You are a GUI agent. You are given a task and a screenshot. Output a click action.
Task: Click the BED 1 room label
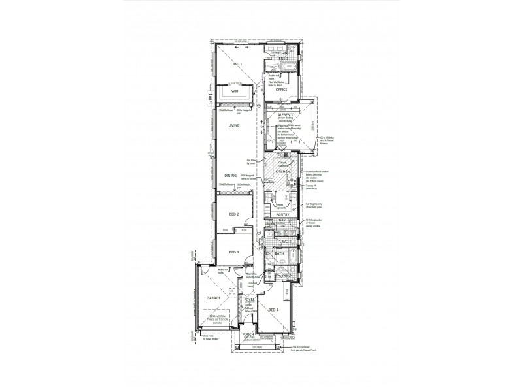point(237,65)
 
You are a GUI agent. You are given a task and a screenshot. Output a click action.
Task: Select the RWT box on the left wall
point(210,99)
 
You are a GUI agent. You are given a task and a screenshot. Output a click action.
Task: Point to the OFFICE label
point(282,90)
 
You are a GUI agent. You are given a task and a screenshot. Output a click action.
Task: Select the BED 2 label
point(234,214)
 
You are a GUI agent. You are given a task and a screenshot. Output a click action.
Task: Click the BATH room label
point(288,253)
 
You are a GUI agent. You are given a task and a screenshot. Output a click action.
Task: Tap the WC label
point(286,241)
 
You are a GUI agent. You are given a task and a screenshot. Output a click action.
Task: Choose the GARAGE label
point(212,297)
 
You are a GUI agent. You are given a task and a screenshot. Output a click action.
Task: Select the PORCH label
point(248,335)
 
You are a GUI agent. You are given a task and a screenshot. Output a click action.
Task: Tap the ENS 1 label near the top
point(282,59)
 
